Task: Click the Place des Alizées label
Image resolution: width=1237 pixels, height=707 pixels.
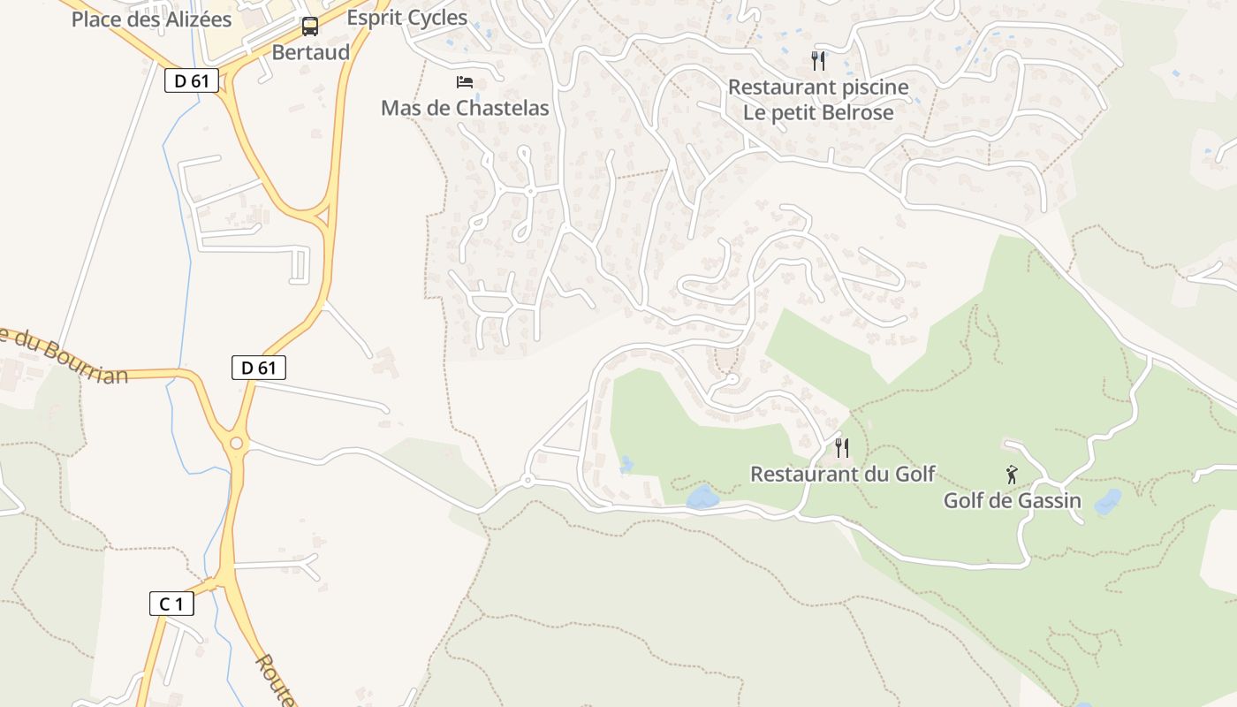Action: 151,19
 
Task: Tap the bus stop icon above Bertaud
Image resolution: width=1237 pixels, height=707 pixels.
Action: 310,27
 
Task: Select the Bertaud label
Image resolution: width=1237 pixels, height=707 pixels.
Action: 310,52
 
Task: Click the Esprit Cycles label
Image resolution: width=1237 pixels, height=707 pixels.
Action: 406,18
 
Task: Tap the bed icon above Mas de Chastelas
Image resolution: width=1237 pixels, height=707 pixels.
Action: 465,82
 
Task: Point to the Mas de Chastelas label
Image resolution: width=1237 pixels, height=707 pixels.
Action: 465,109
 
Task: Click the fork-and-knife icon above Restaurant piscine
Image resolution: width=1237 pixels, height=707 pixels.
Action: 818,60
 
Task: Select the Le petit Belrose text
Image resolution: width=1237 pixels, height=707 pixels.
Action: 818,112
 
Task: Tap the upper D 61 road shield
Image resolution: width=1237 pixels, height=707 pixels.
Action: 192,80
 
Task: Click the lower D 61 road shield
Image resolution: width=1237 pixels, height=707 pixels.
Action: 259,368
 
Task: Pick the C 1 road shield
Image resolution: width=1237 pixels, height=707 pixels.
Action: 171,604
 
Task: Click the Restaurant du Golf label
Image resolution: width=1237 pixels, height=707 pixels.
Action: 842,475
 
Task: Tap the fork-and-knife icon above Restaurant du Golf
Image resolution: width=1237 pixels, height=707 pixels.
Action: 842,448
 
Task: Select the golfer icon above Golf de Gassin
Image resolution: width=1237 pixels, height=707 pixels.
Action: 1012,475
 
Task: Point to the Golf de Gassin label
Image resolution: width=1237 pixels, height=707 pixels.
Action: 1012,501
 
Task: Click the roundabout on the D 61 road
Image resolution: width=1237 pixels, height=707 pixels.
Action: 236,442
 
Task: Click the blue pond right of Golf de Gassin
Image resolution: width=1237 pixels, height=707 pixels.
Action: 1108,502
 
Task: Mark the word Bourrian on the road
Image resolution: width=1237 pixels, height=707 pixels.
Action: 84,361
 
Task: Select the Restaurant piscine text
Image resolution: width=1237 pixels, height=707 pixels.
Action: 818,87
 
